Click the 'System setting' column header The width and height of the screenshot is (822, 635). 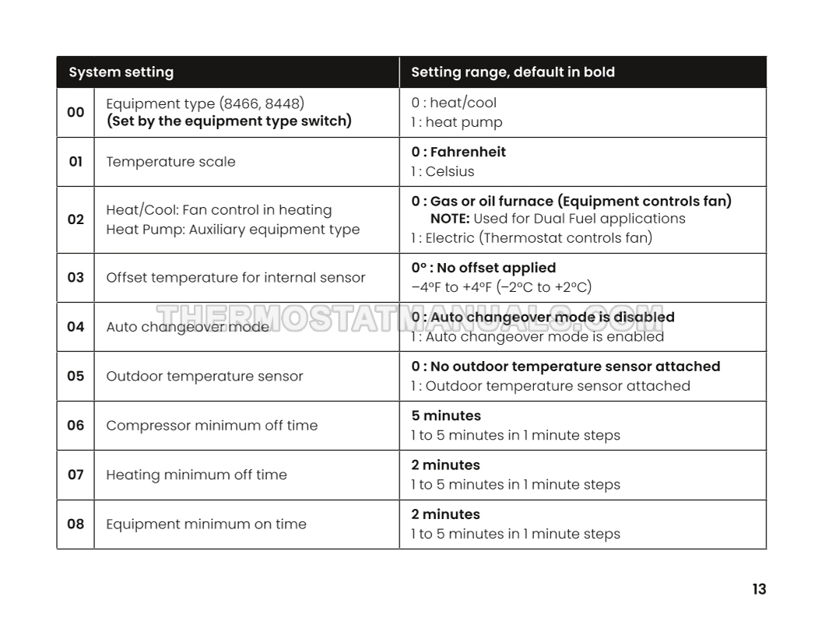(121, 72)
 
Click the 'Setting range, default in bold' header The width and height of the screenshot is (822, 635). (512, 72)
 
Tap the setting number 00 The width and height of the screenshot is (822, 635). (76, 112)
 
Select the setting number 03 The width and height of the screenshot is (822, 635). (76, 277)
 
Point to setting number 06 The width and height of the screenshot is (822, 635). (76, 426)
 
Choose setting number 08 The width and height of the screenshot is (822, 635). (76, 524)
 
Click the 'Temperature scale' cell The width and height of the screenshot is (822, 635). (170, 162)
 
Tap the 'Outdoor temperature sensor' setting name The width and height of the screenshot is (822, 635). (205, 376)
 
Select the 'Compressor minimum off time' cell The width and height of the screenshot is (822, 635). (212, 426)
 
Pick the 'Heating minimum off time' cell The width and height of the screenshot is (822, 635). (196, 475)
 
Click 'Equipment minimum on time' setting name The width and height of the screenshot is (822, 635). (206, 524)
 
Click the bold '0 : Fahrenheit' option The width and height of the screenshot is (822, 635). (458, 152)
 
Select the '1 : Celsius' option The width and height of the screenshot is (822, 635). (442, 171)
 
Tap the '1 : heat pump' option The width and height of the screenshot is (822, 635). (457, 122)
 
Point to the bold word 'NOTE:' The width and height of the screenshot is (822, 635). (449, 219)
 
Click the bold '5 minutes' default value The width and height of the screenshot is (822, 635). (446, 416)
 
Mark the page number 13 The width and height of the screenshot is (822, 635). (759, 589)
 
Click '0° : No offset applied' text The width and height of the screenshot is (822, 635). (483, 268)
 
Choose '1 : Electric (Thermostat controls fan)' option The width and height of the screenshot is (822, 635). (532, 238)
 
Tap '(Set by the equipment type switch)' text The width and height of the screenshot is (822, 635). (229, 121)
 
